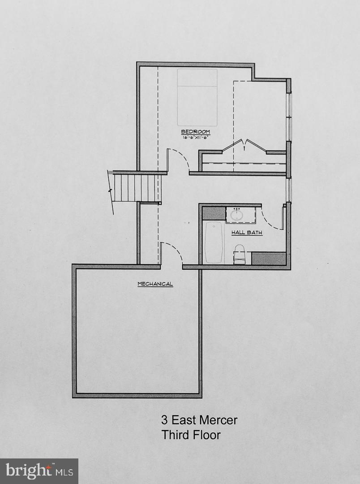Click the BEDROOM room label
tap(195, 132)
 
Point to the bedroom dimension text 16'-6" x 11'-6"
tap(196, 138)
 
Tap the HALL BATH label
tap(246, 233)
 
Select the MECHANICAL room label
tap(155, 284)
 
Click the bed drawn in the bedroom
tap(197, 97)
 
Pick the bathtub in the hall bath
tap(214, 242)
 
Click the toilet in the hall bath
tap(240, 254)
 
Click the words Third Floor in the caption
tap(191, 434)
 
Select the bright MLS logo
tap(39, 471)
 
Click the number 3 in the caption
tap(164, 420)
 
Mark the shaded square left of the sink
tap(213, 213)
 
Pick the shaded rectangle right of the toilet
tap(269, 258)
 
